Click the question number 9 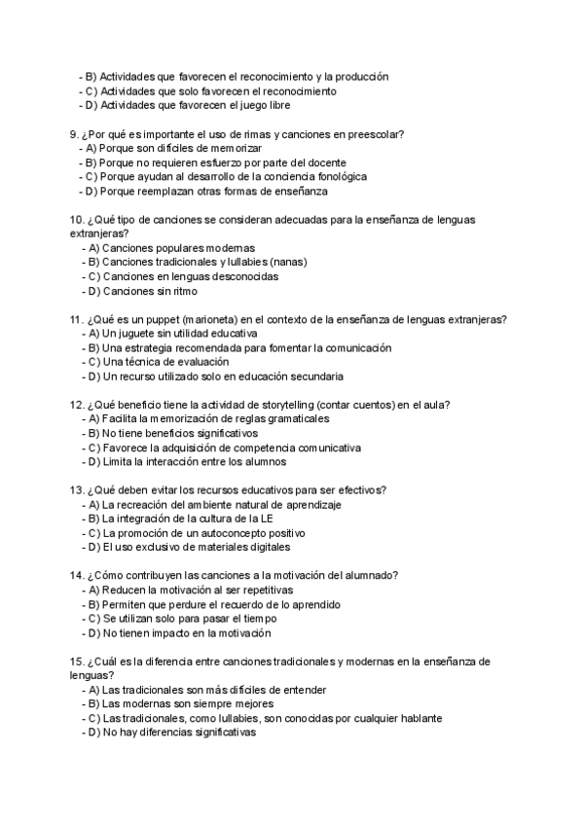pyautogui.click(x=74, y=133)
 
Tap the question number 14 pyautogui.click(x=77, y=575)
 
